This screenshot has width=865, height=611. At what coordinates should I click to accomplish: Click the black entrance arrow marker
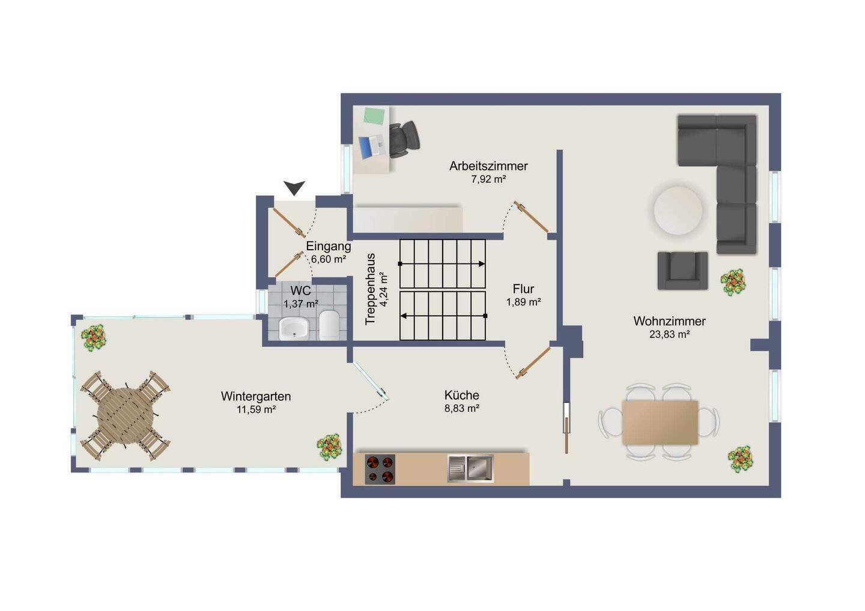click(294, 187)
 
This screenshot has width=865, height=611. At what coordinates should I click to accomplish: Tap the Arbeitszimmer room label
click(488, 166)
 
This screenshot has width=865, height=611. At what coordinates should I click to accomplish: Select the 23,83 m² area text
click(670, 334)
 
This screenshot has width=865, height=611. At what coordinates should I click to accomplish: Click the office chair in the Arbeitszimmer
click(404, 139)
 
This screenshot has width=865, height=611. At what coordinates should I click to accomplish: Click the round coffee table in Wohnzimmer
click(678, 211)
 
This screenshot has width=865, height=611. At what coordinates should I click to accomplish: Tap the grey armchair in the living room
click(683, 271)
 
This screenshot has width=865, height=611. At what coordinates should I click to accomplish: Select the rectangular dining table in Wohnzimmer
click(660, 423)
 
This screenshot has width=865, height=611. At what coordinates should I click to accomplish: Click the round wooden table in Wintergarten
click(125, 416)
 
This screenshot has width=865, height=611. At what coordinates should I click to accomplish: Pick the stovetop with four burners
click(380, 469)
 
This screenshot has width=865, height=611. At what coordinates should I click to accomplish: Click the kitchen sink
click(470, 468)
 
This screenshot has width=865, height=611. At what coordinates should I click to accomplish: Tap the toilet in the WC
click(329, 325)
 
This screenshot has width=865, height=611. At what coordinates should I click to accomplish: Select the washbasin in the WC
click(294, 329)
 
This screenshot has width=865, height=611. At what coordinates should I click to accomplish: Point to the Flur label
click(524, 289)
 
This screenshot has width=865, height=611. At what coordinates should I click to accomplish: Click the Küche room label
click(462, 395)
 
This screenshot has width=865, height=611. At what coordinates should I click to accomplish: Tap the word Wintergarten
click(256, 396)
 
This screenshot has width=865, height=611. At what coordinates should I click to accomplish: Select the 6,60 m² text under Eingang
click(328, 259)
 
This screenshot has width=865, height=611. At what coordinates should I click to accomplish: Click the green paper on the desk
click(374, 116)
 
